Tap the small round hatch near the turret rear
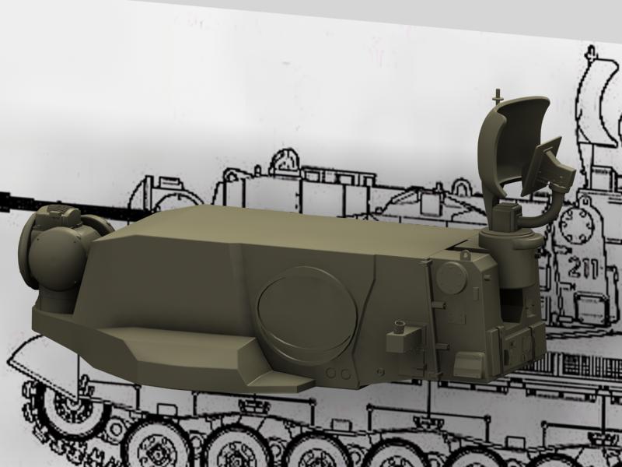click(452, 277)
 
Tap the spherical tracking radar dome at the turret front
click(55, 258)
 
